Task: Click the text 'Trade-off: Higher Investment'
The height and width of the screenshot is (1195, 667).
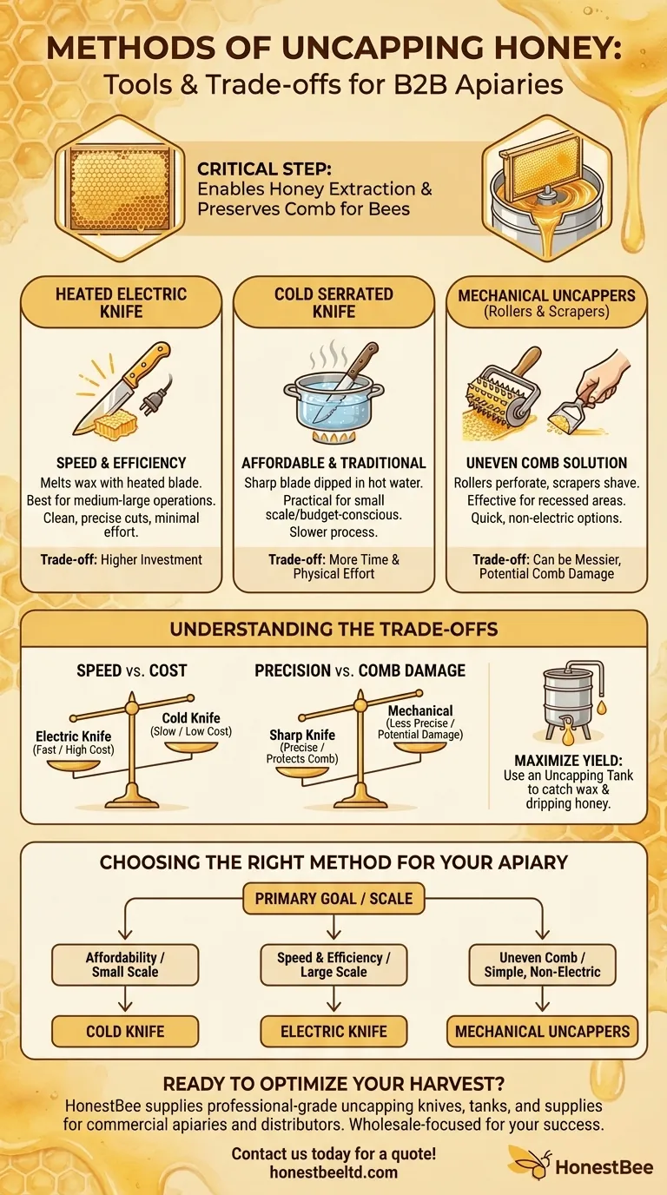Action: [x=121, y=560]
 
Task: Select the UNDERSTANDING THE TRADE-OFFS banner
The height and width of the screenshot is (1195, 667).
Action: [x=333, y=629]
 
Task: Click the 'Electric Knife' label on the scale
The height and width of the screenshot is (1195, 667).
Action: [x=73, y=736]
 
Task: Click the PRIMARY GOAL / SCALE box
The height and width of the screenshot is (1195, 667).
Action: [x=333, y=898]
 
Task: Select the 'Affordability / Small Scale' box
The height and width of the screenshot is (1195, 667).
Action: [x=125, y=964]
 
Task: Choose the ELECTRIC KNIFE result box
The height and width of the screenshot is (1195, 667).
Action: [x=333, y=1031]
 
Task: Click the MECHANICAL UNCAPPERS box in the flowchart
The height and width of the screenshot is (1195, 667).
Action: [x=542, y=1031]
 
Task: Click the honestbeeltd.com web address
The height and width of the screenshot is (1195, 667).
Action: [x=333, y=1172]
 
